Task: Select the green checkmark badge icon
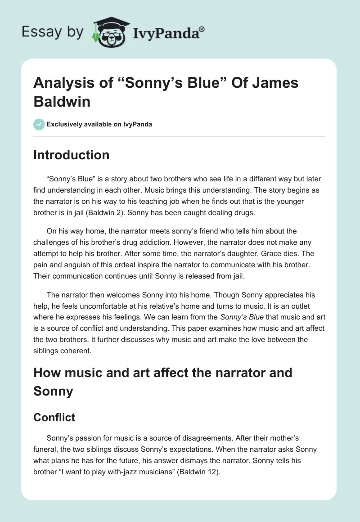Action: click(39, 124)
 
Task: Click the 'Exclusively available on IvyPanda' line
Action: click(99, 124)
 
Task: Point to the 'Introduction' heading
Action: click(71, 155)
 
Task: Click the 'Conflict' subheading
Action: click(54, 417)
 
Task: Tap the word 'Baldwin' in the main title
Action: click(62, 101)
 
